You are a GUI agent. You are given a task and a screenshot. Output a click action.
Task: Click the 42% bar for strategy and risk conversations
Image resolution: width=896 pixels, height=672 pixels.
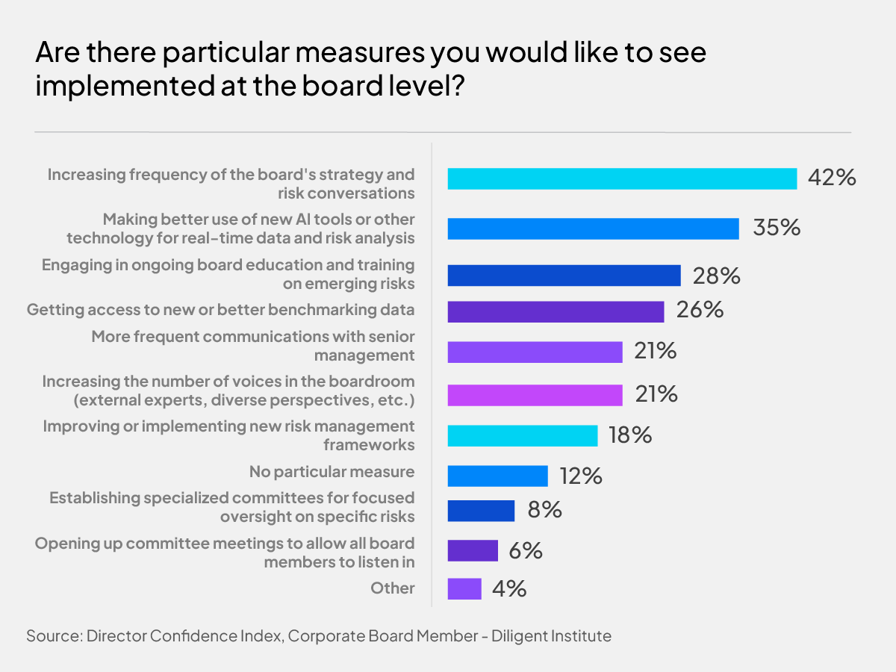[x=622, y=178]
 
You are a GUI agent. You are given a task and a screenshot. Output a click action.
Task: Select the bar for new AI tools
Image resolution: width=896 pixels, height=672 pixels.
[x=593, y=228]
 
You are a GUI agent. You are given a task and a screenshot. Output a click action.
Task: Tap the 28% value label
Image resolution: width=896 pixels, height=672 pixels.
[x=716, y=276]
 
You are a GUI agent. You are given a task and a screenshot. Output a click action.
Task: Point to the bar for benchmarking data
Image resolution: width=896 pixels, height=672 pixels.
[x=556, y=311]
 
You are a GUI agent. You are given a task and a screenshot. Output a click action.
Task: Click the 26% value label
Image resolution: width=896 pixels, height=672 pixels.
[x=700, y=310]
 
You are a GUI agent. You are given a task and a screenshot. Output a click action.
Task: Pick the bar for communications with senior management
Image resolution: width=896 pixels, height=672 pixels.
[x=535, y=352]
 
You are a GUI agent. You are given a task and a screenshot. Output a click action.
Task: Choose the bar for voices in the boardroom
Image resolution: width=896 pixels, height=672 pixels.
[x=535, y=395]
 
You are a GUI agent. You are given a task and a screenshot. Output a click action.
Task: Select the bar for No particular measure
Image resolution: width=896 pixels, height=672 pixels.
[x=497, y=476]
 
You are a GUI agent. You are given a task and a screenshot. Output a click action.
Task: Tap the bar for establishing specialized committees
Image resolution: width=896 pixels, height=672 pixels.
[x=481, y=511]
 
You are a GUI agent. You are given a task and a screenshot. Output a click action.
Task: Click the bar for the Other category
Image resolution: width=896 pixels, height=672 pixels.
[x=464, y=588]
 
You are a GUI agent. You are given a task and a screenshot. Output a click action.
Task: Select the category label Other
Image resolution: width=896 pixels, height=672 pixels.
[x=393, y=588]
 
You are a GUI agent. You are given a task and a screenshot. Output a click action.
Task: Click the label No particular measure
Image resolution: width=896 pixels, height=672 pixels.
[x=332, y=472]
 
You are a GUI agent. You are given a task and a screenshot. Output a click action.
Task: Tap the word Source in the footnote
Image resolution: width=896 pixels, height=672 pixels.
[x=52, y=636]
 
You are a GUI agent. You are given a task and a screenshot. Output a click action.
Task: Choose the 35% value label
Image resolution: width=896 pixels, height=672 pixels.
[x=777, y=228]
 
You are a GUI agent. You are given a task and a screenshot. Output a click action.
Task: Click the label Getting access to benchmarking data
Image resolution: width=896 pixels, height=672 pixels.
[x=220, y=309]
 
